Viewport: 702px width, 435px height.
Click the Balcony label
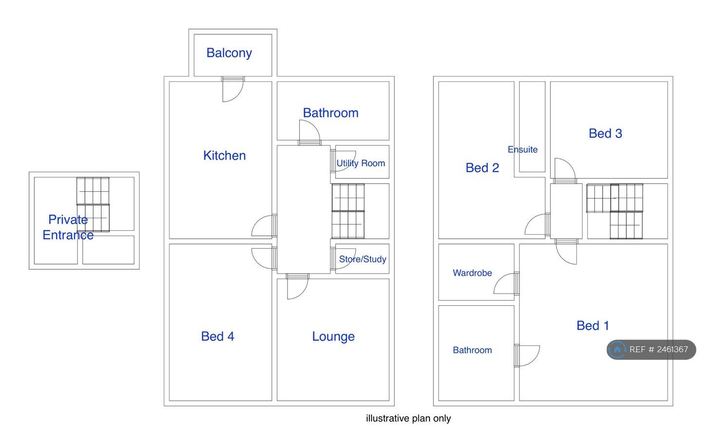tap(229, 53)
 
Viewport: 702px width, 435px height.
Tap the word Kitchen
tap(224, 155)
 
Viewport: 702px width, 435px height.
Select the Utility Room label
tap(361, 163)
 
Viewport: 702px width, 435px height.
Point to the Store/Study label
tap(363, 259)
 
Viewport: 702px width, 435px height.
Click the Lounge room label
tap(333, 337)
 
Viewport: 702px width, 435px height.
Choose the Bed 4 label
tap(217, 336)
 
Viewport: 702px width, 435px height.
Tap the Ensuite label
tap(523, 150)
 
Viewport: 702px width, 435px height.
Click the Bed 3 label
tap(605, 133)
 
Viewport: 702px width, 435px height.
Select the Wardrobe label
tap(472, 273)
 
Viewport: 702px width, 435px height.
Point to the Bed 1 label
tap(593, 325)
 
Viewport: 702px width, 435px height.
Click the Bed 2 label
tap(482, 168)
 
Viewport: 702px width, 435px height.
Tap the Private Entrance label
tap(68, 227)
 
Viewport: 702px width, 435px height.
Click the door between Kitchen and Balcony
tap(232, 90)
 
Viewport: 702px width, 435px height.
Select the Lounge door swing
tap(297, 287)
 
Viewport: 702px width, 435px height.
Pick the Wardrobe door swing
tap(506, 284)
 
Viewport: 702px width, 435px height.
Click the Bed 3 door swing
tap(565, 170)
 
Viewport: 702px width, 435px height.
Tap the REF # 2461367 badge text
tap(659, 349)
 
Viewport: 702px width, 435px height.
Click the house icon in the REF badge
tap(617, 349)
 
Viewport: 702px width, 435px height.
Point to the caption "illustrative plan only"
tap(408, 418)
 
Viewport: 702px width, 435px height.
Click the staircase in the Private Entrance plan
tap(93, 204)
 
